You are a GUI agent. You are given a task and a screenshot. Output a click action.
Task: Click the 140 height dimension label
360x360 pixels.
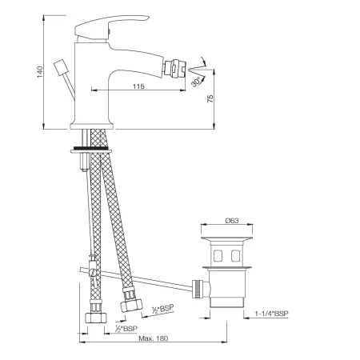coord(39,72)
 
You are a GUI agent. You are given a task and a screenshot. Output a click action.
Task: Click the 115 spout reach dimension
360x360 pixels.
coord(138,86)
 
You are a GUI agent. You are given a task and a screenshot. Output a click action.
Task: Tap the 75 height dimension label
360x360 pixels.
coord(210,99)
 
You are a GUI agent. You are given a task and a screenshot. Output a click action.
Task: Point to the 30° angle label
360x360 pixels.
coord(196,82)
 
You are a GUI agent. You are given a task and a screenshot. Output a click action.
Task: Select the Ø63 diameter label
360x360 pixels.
coord(232,221)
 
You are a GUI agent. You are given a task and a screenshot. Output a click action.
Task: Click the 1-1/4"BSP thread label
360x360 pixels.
coord(272,314)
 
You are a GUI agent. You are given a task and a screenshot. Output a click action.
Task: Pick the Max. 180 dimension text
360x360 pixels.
coord(154,338)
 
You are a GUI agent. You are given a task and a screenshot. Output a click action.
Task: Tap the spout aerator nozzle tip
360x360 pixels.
coord(174,69)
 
